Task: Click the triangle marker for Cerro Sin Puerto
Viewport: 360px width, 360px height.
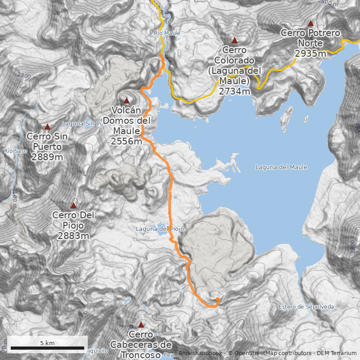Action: [47, 126]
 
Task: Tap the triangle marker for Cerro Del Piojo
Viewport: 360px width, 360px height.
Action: [73, 205]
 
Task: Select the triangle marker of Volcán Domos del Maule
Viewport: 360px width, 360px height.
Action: [126, 100]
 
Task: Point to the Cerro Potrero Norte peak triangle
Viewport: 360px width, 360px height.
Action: [310, 22]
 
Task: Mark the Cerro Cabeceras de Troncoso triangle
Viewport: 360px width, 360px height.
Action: [141, 324]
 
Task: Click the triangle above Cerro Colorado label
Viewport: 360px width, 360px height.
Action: [234, 40]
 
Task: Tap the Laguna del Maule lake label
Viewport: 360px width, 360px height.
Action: [281, 167]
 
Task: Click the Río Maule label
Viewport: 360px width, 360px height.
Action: [167, 33]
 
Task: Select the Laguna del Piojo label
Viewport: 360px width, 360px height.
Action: [160, 229]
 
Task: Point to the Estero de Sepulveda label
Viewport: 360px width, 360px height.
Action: [306, 307]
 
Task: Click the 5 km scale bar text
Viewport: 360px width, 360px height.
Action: [47, 343]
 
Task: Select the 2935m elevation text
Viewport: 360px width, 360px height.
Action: [310, 54]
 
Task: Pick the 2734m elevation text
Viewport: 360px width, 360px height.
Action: [234, 91]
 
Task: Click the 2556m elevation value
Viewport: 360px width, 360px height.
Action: [126, 141]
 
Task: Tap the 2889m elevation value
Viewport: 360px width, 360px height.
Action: [47, 157]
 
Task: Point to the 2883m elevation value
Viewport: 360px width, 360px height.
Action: [73, 236]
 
